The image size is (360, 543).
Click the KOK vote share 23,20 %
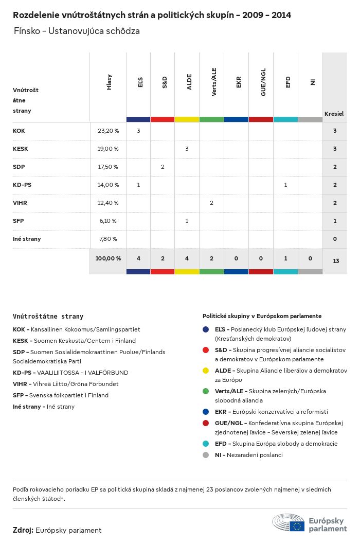(108, 131)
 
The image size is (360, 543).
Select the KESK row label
(21, 149)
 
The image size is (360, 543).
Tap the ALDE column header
(189, 82)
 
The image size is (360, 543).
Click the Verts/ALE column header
(213, 82)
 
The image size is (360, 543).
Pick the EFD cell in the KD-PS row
(285, 185)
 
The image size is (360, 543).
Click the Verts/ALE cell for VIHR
(211, 203)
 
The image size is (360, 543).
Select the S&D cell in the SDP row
(163, 167)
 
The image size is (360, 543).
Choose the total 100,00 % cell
(108, 258)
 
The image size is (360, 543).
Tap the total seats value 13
(336, 261)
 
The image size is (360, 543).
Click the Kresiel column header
(334, 114)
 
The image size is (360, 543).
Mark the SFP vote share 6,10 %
(108, 221)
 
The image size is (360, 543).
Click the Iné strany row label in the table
(27, 239)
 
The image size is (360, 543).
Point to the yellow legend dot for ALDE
(206, 371)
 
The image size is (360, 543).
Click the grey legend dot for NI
(206, 455)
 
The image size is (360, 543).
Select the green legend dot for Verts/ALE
(206, 391)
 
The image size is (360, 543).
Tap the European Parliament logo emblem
(289, 522)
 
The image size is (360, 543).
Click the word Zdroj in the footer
(23, 530)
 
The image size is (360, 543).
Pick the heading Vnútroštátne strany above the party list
(48, 317)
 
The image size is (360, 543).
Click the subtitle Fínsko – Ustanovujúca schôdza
(77, 31)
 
